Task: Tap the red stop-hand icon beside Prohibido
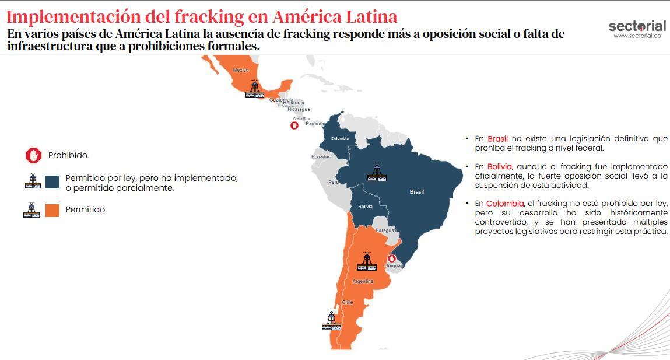(x=34, y=155)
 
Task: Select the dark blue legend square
(x=52, y=181)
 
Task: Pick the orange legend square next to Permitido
(x=52, y=210)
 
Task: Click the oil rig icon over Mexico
(x=254, y=89)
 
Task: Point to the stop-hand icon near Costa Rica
(x=295, y=125)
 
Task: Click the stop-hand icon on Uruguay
(x=392, y=258)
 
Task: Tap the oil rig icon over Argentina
(x=367, y=261)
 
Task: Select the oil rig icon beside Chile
(x=331, y=321)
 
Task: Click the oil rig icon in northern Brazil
(x=377, y=171)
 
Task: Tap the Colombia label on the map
(x=339, y=138)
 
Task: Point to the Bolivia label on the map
(x=365, y=207)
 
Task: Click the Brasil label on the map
(x=416, y=192)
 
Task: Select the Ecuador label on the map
(x=320, y=156)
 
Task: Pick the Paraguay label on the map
(x=385, y=230)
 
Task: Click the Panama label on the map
(x=315, y=124)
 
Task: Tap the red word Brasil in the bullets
(x=497, y=139)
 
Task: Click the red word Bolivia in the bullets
(x=499, y=167)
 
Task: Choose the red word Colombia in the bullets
(x=504, y=204)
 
